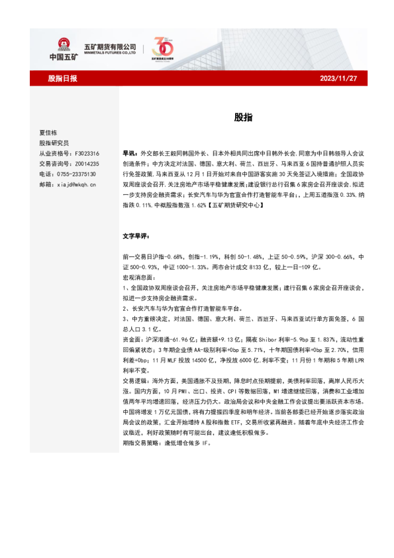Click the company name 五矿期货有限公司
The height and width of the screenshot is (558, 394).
click(109, 46)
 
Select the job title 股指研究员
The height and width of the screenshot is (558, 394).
click(54, 142)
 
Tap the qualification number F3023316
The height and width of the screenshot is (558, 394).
click(85, 152)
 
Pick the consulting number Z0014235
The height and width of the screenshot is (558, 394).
click(85, 163)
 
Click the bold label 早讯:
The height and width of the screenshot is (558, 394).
click(131, 152)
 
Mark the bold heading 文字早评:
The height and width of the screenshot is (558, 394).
click(136, 236)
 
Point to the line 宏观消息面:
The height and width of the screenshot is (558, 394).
click(137, 278)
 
